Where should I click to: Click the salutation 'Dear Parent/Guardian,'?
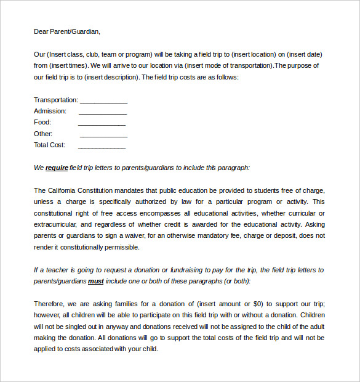66,31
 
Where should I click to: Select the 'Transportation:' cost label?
56,100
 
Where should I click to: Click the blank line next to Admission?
102,112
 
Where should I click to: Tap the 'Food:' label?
42,123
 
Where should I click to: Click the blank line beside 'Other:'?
103,134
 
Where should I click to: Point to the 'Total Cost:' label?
49,145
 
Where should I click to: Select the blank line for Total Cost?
102,146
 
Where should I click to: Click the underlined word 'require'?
57,168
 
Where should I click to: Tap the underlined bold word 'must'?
96,281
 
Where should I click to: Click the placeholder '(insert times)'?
69,65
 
